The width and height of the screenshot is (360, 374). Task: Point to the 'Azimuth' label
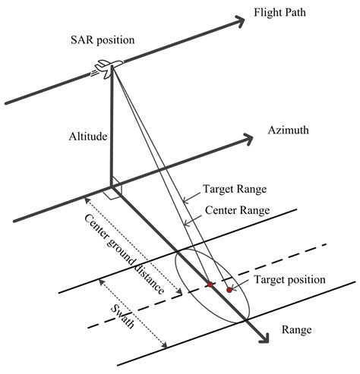click(x=288, y=130)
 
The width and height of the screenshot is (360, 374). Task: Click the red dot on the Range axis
click(x=210, y=285)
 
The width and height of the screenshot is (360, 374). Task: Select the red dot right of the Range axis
click(x=228, y=289)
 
